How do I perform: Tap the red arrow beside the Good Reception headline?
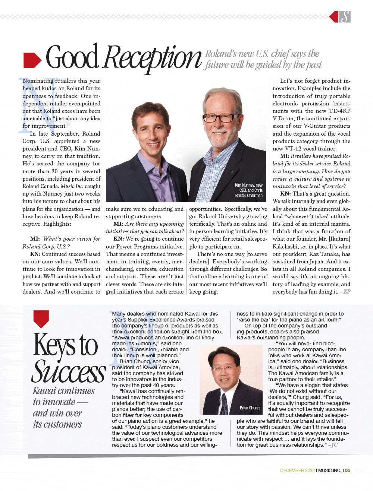32,60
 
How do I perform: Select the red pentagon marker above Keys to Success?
41,319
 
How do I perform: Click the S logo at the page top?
345,17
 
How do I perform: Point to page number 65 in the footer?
348,471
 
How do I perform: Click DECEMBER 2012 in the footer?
297,471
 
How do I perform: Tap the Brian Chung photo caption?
250,408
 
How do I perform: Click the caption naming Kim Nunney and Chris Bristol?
249,190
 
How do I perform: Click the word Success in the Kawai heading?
69,372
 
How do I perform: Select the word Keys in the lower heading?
54,345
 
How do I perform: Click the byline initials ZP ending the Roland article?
347,292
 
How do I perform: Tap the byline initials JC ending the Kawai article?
334,445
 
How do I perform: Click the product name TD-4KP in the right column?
339,111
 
